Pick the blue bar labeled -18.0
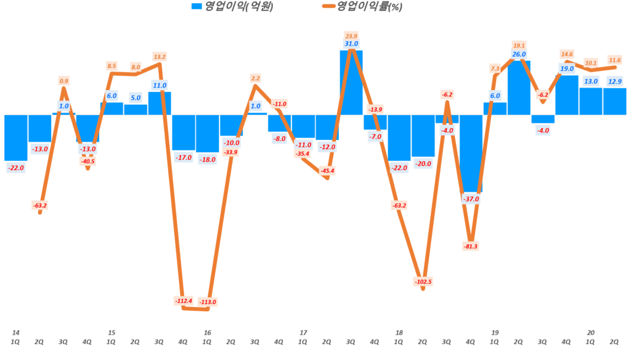click(208, 133)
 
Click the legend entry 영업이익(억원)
click(232, 7)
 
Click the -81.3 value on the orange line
click(471, 246)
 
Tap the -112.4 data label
click(184, 301)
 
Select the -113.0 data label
click(208, 302)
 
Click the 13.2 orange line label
click(159, 57)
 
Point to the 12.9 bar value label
click(615, 81)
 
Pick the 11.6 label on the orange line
click(615, 60)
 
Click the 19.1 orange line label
click(519, 45)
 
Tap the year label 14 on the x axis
click(15, 332)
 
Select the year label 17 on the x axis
click(303, 332)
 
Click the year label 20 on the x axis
click(590, 332)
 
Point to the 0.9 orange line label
click(63, 81)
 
